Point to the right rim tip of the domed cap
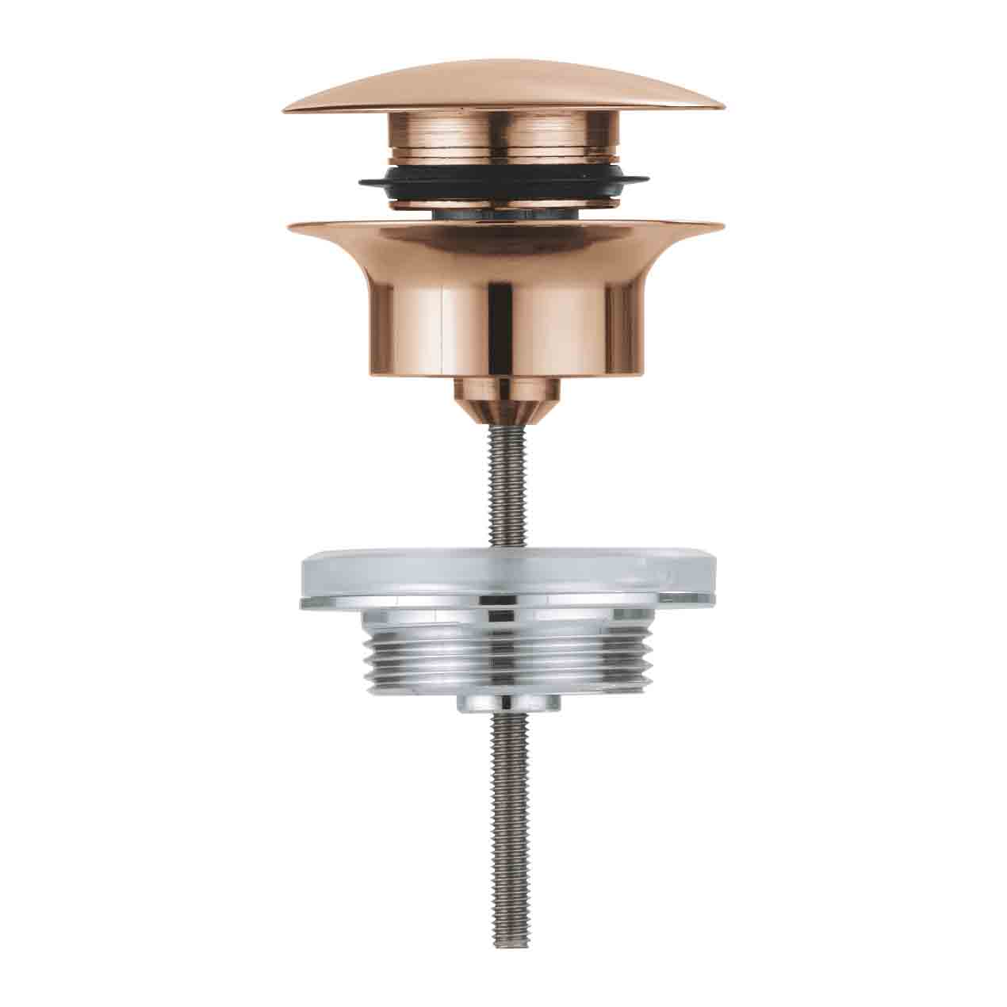tap(722, 105)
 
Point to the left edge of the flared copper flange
tap(290, 228)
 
